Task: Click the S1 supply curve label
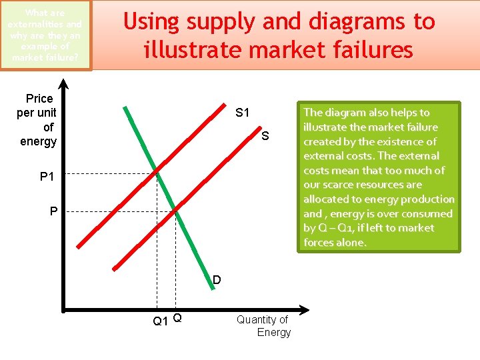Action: click(x=242, y=113)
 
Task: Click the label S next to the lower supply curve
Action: click(x=265, y=137)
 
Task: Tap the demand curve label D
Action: click(x=217, y=280)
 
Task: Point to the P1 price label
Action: click(x=47, y=177)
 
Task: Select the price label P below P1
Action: click(x=54, y=212)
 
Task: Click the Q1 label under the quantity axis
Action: click(x=160, y=321)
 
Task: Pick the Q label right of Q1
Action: click(x=177, y=318)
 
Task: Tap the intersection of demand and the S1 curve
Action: click(x=157, y=173)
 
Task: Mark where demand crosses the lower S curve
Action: click(x=176, y=211)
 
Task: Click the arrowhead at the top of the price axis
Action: click(x=64, y=85)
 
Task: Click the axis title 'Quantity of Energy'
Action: click(x=264, y=326)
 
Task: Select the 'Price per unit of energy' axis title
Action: click(x=38, y=120)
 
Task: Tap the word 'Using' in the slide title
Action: click(x=151, y=22)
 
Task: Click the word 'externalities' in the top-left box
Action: click(x=44, y=24)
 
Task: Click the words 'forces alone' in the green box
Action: click(x=335, y=243)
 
